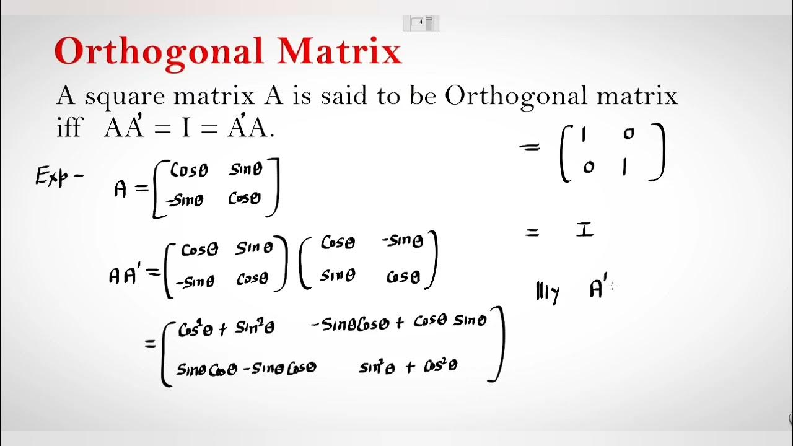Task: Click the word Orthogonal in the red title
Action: [160, 52]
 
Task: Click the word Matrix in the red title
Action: [340, 51]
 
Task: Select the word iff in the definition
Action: [69, 128]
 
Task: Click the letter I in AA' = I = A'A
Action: [185, 128]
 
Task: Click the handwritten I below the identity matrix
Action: [584, 230]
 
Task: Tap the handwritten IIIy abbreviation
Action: [548, 292]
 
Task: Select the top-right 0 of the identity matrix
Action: [629, 133]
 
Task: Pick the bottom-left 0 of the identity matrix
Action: [588, 167]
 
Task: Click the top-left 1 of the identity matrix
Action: [583, 134]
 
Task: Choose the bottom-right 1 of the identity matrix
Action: [624, 168]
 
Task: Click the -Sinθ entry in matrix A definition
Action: [184, 200]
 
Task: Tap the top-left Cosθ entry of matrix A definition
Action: [189, 170]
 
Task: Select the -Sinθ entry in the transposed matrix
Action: [403, 241]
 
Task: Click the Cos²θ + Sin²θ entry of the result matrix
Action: [226, 329]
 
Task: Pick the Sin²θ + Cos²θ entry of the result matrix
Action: [408, 367]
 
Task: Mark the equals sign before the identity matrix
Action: [530, 148]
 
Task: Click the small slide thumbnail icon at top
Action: [421, 23]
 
